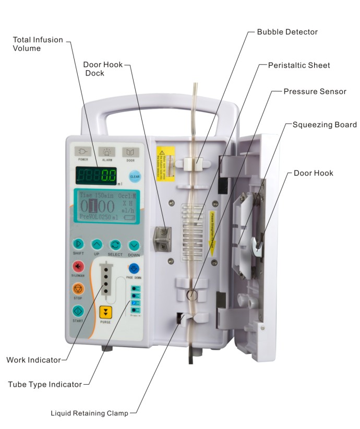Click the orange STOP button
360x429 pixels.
pyautogui.click(x=78, y=288)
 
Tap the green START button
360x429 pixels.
pyautogui.click(x=78, y=311)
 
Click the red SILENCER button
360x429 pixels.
pyautogui.click(x=78, y=266)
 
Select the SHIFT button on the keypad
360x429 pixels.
pyautogui.click(x=78, y=244)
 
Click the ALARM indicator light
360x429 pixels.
pyautogui.click(x=107, y=152)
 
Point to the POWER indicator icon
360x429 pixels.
pyautogui.click(x=83, y=152)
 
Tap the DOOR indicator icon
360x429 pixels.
pyautogui.click(x=130, y=152)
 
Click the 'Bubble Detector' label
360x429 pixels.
pyautogui.click(x=287, y=32)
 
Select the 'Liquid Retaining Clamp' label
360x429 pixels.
pyautogui.click(x=89, y=413)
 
